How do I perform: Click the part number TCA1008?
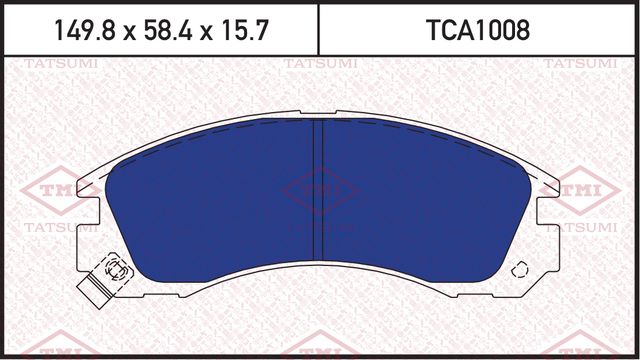tap(479, 29)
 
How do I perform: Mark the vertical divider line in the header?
tap(319, 29)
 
